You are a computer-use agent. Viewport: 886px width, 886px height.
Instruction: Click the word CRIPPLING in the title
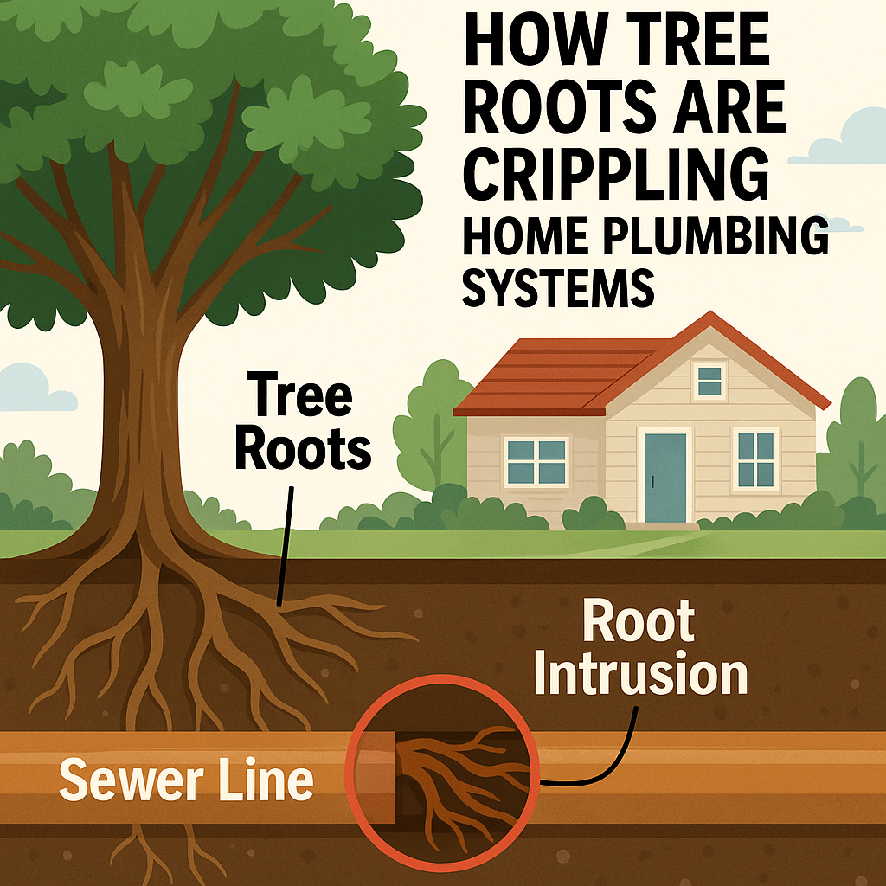pyautogui.click(x=616, y=175)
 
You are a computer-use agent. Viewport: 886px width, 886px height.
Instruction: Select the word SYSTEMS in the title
pyautogui.click(x=557, y=288)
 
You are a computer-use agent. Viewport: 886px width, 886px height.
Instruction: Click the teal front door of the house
pyautogui.click(x=664, y=478)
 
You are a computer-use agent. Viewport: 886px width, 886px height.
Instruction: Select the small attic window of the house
pyautogui.click(x=709, y=380)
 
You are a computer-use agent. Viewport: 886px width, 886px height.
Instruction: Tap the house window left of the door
pyautogui.click(x=536, y=460)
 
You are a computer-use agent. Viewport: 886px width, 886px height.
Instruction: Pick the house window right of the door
pyautogui.click(x=754, y=459)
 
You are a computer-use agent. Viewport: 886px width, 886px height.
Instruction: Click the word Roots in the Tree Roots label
pyautogui.click(x=303, y=449)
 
